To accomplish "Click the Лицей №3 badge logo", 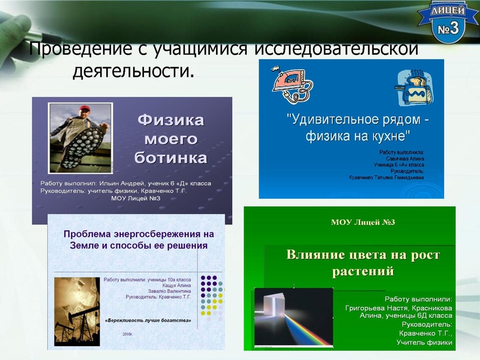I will pyautogui.click(x=448, y=23).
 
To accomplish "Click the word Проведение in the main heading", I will pyautogui.click(x=75, y=49).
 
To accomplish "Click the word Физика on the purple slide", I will pyautogui.click(x=170, y=119).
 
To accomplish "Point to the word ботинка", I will pyautogui.click(x=170, y=158).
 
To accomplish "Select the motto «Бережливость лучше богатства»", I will pyautogui.click(x=148, y=320).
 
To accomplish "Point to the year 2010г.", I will pyautogui.click(x=128, y=334).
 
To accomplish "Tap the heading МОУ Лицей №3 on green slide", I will pyautogui.click(x=363, y=223).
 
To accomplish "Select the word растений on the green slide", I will pyautogui.click(x=363, y=271).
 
